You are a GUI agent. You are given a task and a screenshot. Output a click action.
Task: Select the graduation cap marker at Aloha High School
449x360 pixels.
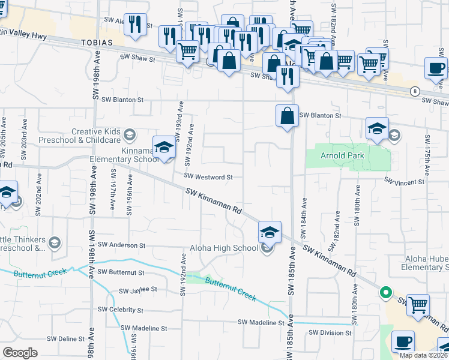pos(270,232)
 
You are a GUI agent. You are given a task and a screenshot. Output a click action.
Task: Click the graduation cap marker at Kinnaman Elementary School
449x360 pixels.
pos(164,148)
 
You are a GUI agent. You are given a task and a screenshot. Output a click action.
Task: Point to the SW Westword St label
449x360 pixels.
pos(208,177)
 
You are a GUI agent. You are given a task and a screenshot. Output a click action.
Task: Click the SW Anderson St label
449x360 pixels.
pos(121,245)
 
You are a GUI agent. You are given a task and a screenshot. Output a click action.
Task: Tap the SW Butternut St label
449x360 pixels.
pos(125,272)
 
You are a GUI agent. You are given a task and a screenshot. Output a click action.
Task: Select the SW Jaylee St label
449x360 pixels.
pos(137,290)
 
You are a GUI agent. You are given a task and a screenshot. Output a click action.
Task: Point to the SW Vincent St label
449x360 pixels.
pos(404,181)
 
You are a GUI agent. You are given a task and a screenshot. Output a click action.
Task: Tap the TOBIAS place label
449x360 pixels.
pos(95,44)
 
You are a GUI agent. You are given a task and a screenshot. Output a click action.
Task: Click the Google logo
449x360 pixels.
pos(20,352)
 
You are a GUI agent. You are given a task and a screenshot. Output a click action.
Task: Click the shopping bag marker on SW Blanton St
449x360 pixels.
pos(288,115)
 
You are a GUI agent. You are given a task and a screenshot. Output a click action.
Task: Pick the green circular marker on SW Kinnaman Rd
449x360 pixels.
pos(385,293)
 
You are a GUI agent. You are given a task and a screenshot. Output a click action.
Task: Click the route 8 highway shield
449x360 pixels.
pos(415,91)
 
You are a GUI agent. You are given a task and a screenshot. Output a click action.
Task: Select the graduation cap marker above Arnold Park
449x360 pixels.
pos(377,128)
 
